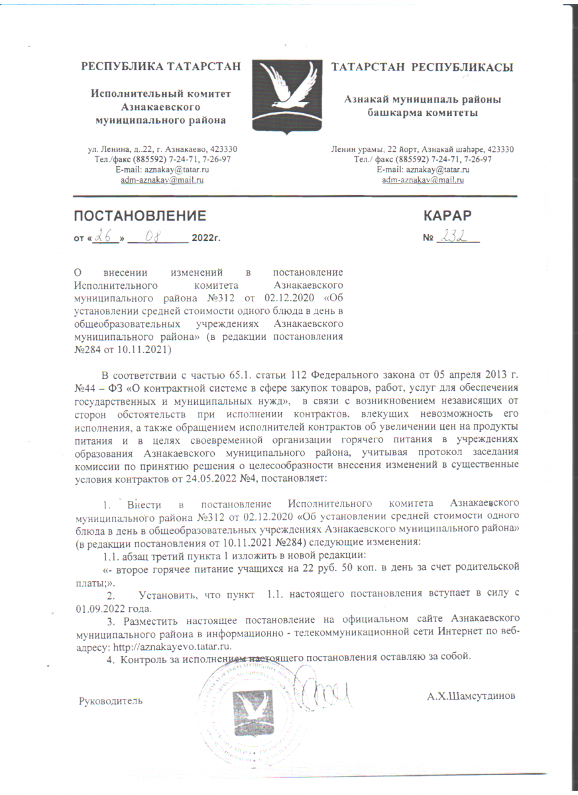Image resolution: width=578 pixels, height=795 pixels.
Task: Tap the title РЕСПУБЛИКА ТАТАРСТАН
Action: pos(160,67)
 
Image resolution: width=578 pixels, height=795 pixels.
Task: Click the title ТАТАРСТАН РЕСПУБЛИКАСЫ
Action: pos(422,67)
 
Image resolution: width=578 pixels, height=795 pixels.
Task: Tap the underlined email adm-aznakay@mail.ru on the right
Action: pos(422,180)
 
